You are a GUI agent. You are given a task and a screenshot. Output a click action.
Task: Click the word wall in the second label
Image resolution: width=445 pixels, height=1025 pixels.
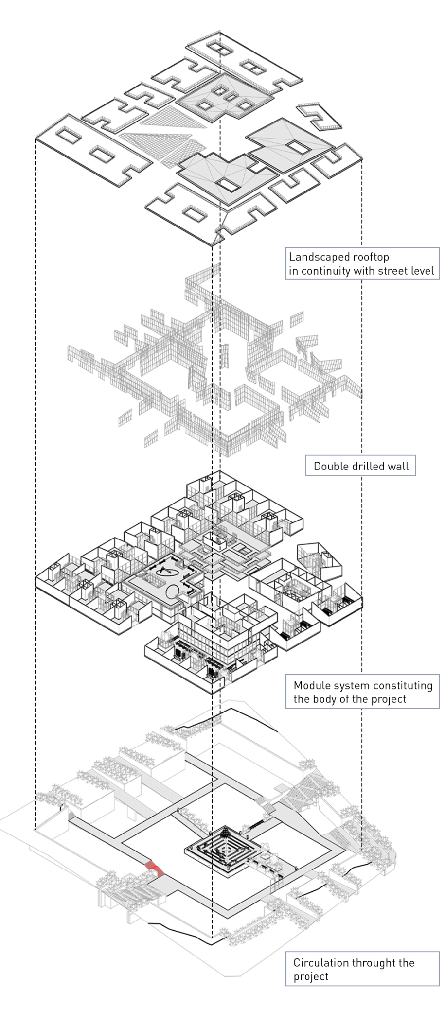pos(398,466)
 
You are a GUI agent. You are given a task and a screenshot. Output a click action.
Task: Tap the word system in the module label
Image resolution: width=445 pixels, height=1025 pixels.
pos(349,685)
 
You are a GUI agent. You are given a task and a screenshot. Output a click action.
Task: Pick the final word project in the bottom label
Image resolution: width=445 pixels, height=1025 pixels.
pos(311,976)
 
